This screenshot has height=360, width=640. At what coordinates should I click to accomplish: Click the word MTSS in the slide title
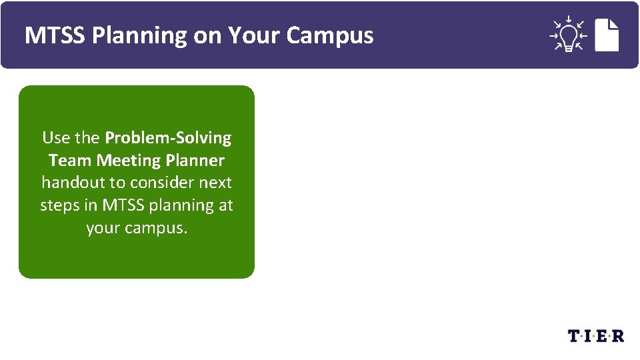click(55, 35)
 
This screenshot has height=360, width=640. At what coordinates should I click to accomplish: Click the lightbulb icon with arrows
click(567, 34)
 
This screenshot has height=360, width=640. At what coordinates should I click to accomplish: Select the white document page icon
click(607, 35)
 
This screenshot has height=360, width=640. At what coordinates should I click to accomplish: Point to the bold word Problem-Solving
click(168, 138)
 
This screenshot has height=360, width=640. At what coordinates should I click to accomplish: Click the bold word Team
click(70, 161)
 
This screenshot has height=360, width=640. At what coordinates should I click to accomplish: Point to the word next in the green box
click(215, 183)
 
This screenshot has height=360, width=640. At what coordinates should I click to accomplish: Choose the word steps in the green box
click(59, 205)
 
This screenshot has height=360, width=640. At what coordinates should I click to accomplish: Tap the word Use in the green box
click(55, 138)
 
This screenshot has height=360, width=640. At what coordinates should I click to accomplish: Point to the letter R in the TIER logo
click(618, 336)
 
